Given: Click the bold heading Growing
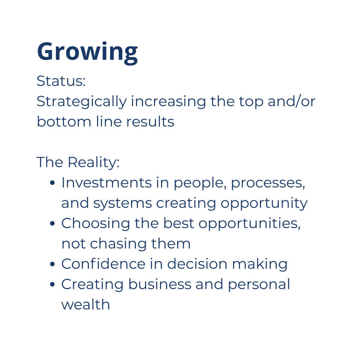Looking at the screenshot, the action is (87, 53).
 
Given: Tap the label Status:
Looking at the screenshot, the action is (61, 81).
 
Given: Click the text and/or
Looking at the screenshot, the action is (292, 101).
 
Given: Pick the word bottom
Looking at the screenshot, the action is (64, 121).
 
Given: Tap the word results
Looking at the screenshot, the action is (150, 121).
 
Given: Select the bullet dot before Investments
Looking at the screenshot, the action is (52, 183).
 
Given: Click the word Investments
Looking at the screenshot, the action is (106, 183).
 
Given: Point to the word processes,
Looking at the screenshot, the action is (268, 184).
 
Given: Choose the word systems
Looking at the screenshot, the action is (123, 204).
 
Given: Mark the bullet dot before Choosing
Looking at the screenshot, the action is (52, 224).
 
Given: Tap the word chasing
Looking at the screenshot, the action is (118, 244).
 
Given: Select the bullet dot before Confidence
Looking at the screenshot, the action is (52, 264).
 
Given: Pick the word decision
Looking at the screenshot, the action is (197, 264).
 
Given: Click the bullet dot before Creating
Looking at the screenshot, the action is (52, 285).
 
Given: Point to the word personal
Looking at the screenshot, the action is (259, 285).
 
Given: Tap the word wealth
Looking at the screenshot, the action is (86, 305).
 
